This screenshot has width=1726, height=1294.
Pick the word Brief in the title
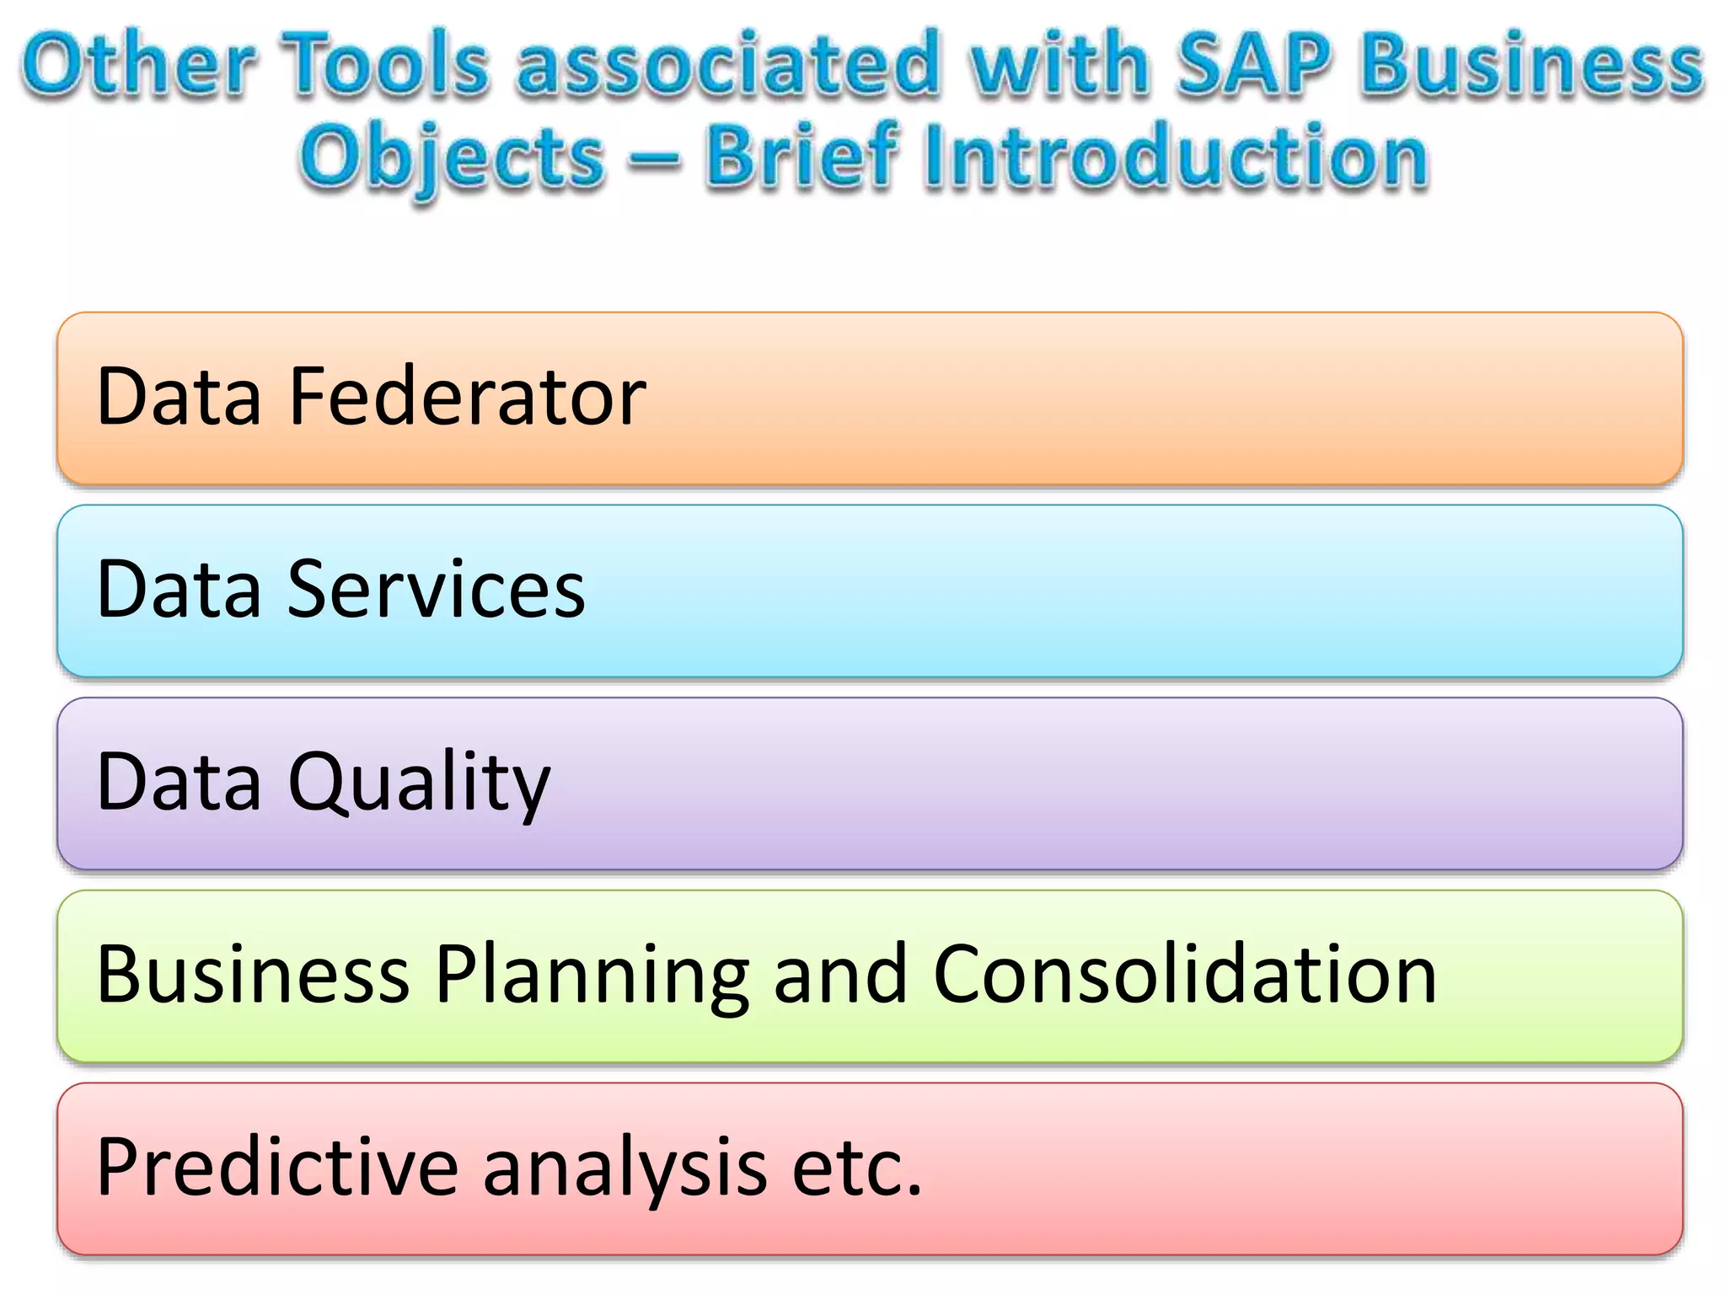coord(801,155)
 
